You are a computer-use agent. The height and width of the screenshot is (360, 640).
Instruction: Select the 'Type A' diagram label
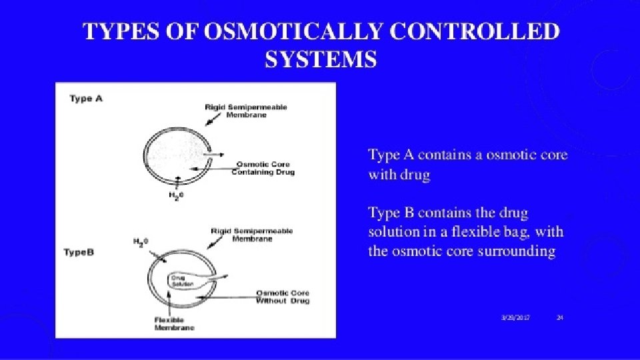click(86, 99)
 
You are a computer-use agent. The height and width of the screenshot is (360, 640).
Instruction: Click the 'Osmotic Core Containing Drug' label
click(263, 169)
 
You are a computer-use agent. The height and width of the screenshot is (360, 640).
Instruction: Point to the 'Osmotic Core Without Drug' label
click(283, 297)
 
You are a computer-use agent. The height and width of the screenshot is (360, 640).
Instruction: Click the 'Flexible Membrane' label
click(172, 324)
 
